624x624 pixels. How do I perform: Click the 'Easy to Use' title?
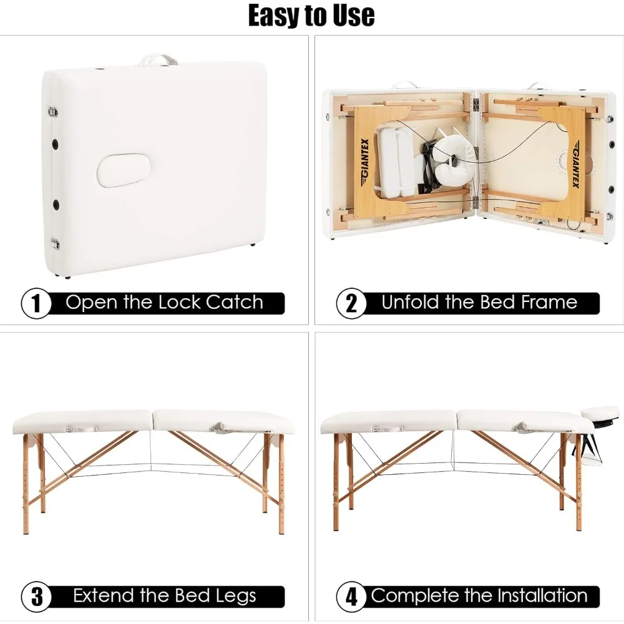[311, 16]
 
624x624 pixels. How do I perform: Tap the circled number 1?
[36, 303]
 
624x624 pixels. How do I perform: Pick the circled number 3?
[36, 597]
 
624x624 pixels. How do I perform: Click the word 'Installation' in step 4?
[542, 596]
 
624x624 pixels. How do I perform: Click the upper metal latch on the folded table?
[53, 112]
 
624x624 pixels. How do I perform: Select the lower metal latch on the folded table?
[54, 243]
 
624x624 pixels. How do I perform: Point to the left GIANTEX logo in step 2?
[364, 164]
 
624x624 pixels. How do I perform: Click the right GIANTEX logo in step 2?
[575, 167]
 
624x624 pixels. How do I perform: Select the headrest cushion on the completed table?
[601, 413]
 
